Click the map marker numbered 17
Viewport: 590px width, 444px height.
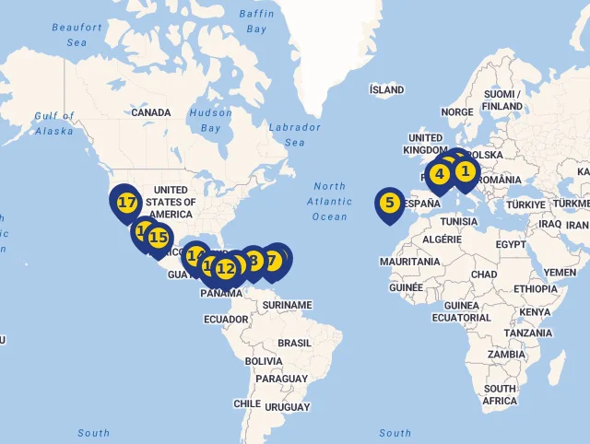(127, 202)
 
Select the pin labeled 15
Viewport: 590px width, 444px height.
(159, 238)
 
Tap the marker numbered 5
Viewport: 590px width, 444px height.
(389, 203)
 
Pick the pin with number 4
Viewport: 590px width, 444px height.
(440, 173)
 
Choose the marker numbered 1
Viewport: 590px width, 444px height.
(466, 170)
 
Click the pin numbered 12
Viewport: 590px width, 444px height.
(226, 269)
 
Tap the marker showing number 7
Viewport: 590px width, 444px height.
(272, 261)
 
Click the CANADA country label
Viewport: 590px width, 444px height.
(150, 112)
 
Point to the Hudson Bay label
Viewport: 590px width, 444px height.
(210, 120)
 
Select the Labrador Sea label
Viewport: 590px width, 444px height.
(295, 134)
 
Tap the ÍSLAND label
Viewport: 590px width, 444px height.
(386, 89)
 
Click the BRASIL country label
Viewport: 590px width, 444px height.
(295, 342)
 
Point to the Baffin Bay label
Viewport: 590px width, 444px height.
(256, 21)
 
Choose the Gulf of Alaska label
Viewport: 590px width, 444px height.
(53, 123)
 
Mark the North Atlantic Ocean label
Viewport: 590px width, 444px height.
(329, 201)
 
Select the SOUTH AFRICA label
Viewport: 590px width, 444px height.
(499, 394)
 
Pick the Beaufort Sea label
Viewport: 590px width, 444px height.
(77, 35)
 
